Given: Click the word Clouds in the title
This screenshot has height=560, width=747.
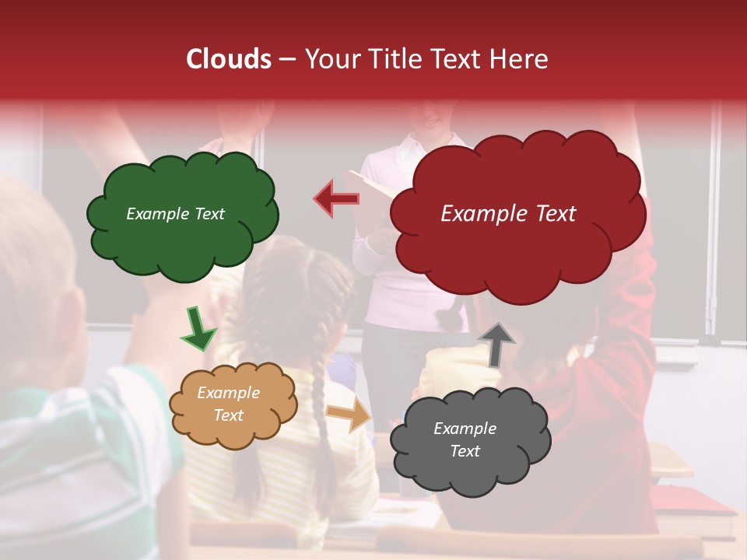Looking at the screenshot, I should pyautogui.click(x=229, y=59).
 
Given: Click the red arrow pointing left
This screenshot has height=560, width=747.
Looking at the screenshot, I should pyautogui.click(x=336, y=198).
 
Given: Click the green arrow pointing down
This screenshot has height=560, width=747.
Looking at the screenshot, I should pyautogui.click(x=198, y=328).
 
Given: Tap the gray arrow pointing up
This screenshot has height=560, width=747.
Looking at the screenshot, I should pyautogui.click(x=496, y=344).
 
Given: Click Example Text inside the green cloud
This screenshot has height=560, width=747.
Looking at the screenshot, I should pyautogui.click(x=175, y=214).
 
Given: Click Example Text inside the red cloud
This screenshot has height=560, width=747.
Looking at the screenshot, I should pyautogui.click(x=508, y=214).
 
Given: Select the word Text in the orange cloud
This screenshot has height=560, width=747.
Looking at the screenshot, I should pyautogui.click(x=228, y=415).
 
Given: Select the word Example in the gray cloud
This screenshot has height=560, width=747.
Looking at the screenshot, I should pyautogui.click(x=465, y=429).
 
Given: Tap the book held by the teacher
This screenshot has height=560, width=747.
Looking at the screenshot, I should pyautogui.click(x=372, y=187).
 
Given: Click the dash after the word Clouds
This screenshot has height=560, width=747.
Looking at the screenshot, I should pyautogui.click(x=287, y=60).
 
